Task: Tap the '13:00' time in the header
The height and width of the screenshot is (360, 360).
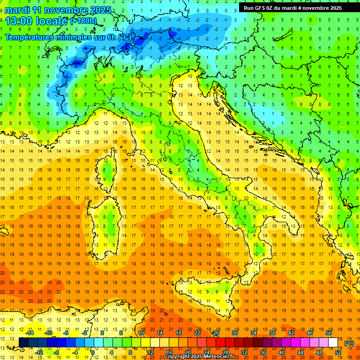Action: coord(20,21)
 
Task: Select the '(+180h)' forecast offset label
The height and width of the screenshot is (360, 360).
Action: coord(83,21)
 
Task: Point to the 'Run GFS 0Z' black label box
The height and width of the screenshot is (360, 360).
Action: coord(292,8)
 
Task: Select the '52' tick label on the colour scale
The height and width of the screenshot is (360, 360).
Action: coord(338,352)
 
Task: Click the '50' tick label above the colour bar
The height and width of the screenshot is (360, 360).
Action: coord(329,333)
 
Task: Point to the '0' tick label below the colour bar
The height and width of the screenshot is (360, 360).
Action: coord(93,352)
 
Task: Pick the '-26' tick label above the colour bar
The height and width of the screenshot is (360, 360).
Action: coord(215,333)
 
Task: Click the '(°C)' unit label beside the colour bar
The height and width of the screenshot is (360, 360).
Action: coord(349,343)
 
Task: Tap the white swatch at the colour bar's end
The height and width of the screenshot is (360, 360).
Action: coord(333,343)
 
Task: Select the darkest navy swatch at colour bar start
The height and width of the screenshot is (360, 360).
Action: coord(23,343)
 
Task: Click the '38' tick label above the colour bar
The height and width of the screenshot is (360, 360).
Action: coord(272,333)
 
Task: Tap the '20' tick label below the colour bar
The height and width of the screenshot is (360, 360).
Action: coord(187,352)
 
